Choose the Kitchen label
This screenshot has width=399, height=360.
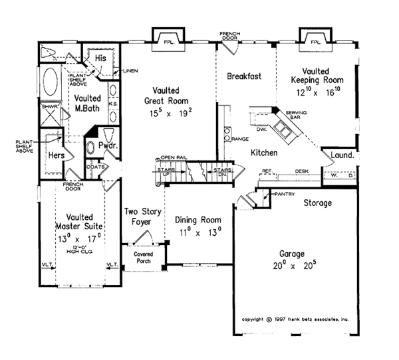pos(264,153)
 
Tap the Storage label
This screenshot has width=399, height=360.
pos(317,203)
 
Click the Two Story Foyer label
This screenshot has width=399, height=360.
pos(140,217)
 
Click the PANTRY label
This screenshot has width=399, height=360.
pos(284,194)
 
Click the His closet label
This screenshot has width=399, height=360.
pos(102,58)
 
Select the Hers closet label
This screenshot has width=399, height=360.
pos(55,155)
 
